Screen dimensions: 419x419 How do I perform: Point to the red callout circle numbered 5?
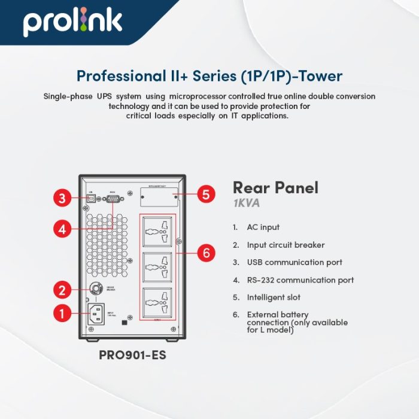(x=205, y=195)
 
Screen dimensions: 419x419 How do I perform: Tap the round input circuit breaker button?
(x=95, y=289)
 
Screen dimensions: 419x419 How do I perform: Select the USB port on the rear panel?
(x=90, y=197)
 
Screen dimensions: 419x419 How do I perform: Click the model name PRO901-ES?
(x=132, y=355)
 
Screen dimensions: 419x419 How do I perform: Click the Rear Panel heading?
(x=275, y=188)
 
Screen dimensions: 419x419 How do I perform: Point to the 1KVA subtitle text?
(x=247, y=204)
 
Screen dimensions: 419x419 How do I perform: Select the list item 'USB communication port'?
(x=294, y=262)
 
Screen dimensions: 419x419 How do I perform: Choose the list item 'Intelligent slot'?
(x=274, y=297)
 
